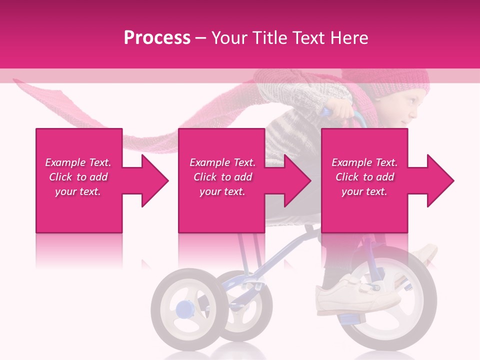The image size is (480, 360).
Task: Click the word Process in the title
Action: click(156, 38)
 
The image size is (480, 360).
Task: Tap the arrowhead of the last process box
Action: click(440, 180)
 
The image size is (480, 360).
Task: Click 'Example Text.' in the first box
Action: click(78, 162)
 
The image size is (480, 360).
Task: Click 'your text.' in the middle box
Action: click(222, 191)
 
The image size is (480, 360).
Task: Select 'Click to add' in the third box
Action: click(364, 177)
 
